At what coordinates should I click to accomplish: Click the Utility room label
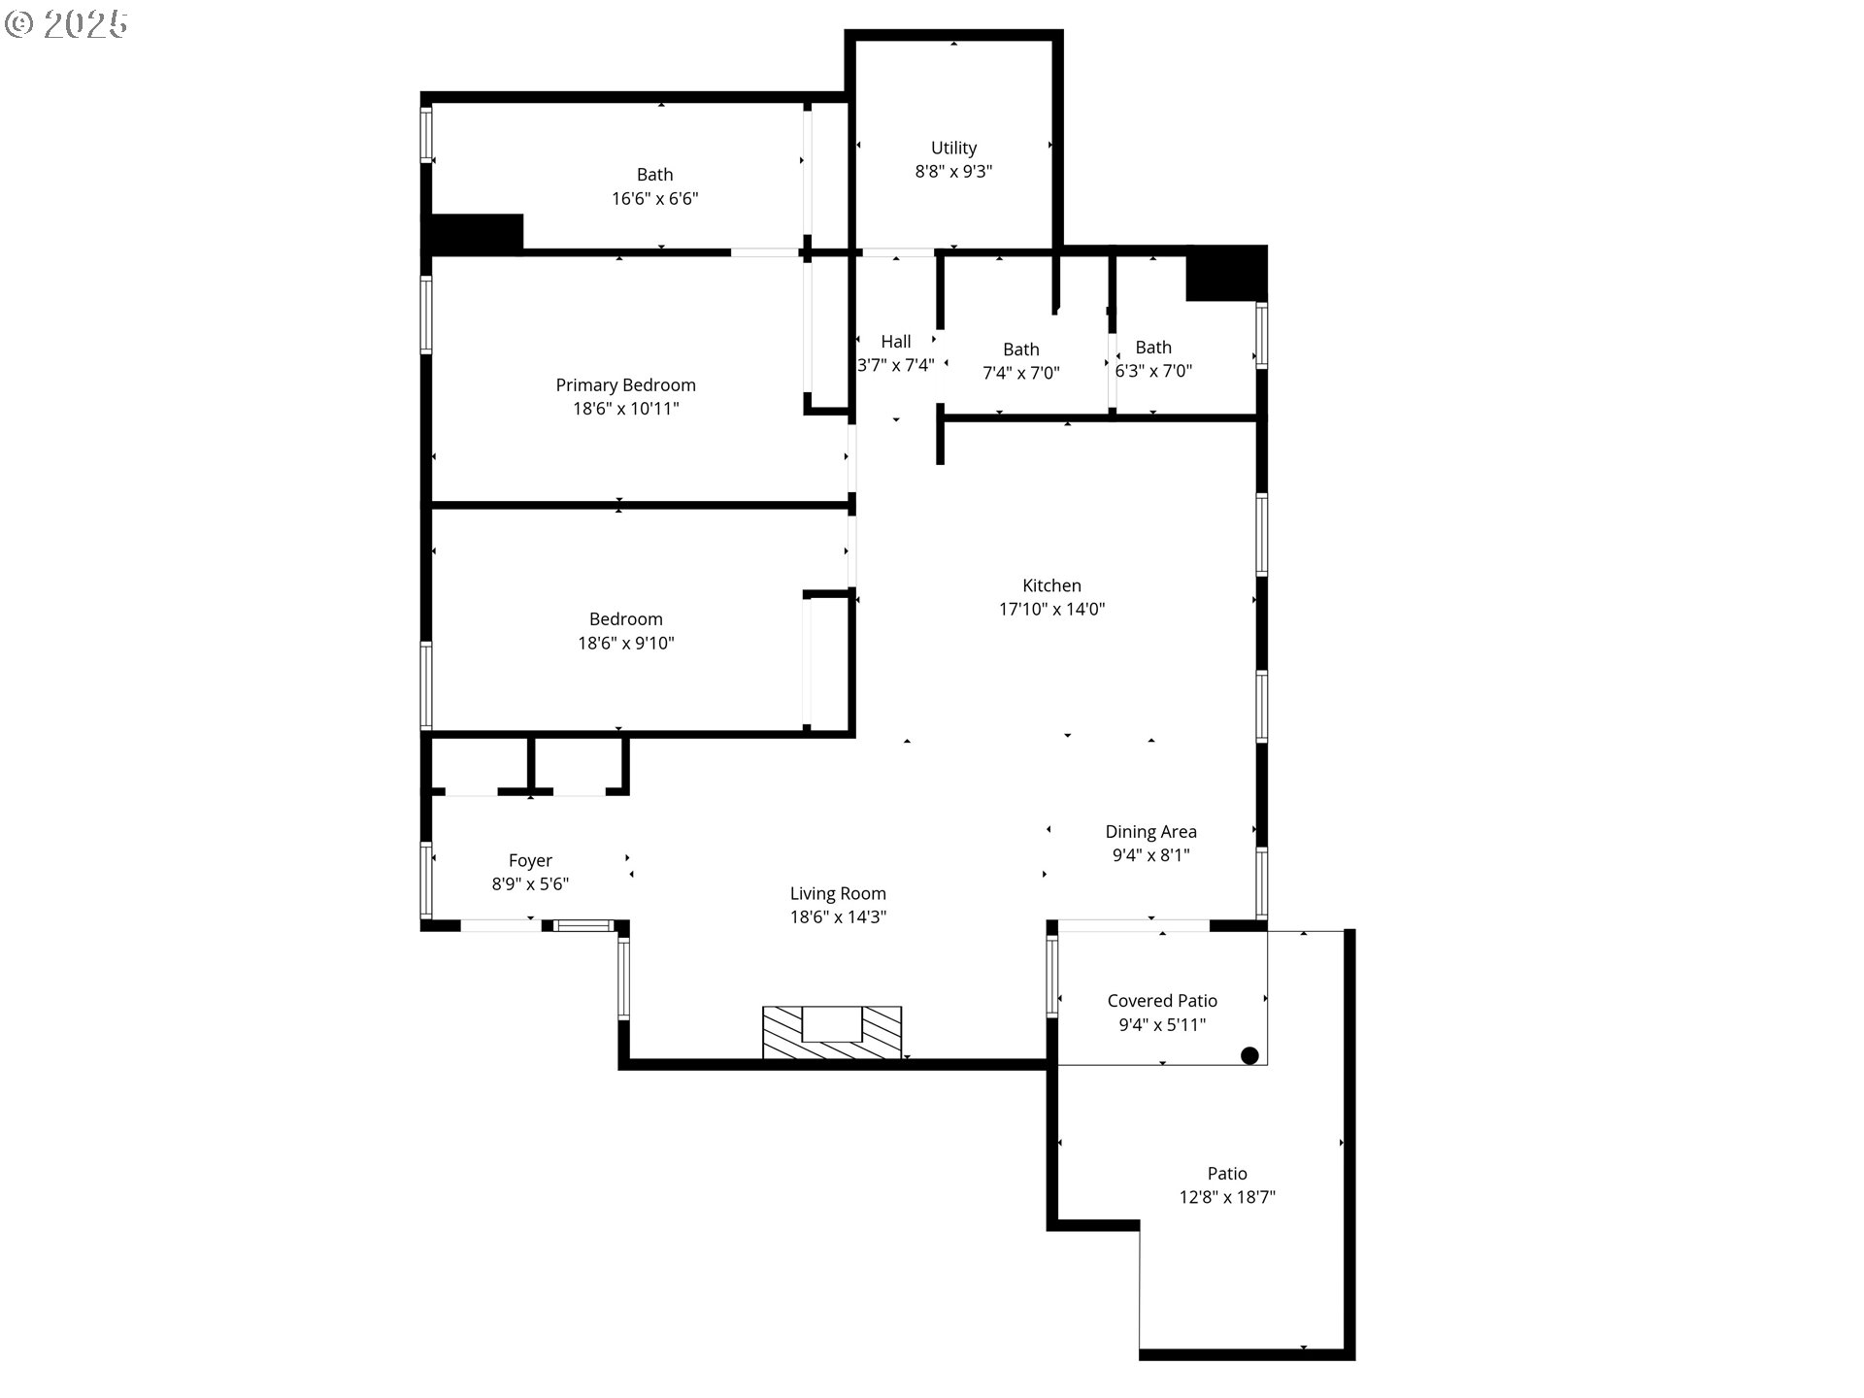[x=953, y=148]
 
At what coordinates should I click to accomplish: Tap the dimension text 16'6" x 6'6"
[x=654, y=199]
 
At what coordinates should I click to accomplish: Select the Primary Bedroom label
[x=625, y=385]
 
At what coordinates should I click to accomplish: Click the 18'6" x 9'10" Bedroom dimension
[x=625, y=643]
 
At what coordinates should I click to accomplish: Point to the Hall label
[x=895, y=342]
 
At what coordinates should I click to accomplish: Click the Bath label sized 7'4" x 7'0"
[x=1020, y=349]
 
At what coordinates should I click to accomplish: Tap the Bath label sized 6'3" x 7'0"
[x=1152, y=348]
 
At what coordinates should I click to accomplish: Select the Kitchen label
[x=1051, y=585]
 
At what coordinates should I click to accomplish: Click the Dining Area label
[x=1150, y=832]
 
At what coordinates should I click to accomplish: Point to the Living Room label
[x=837, y=893]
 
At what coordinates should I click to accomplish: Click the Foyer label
[x=530, y=860]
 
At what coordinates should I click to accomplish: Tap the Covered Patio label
[x=1161, y=1001]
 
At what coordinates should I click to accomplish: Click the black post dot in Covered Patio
[x=1249, y=1055]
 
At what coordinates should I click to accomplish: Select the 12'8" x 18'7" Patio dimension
[x=1226, y=1198]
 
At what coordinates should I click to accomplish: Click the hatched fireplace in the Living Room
[x=831, y=1033]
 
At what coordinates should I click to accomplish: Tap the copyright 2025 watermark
[x=66, y=24]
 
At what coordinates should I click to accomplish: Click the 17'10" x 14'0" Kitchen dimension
[x=1051, y=610]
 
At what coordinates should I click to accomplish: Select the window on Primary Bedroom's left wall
[x=425, y=315]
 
